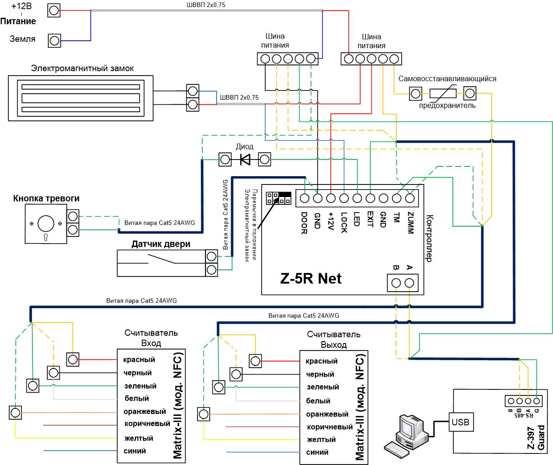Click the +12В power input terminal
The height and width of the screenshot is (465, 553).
(x=54, y=11)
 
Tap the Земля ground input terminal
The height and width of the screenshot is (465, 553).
(x=54, y=40)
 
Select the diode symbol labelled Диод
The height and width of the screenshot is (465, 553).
(x=245, y=159)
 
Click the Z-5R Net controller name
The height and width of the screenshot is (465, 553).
(x=311, y=279)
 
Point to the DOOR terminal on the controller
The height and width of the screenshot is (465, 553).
(x=304, y=198)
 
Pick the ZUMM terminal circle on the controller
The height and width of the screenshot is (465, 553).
(x=410, y=198)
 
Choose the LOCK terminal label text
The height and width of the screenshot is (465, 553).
(x=344, y=223)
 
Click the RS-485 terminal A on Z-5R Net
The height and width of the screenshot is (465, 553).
(x=409, y=283)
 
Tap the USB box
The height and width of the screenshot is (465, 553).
(x=460, y=422)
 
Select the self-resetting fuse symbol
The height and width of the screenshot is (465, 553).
(x=443, y=94)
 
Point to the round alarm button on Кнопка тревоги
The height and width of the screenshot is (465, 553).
(x=46, y=223)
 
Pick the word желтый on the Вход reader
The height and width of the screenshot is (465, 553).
(x=139, y=438)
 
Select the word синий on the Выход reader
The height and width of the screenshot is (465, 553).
(x=317, y=452)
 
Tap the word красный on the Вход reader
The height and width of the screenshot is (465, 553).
(x=139, y=360)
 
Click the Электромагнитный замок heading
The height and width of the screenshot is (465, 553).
(x=82, y=68)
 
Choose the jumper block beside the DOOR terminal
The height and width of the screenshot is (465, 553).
(x=279, y=198)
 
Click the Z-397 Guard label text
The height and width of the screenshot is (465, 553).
(x=536, y=437)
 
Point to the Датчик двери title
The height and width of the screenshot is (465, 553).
(x=161, y=244)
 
